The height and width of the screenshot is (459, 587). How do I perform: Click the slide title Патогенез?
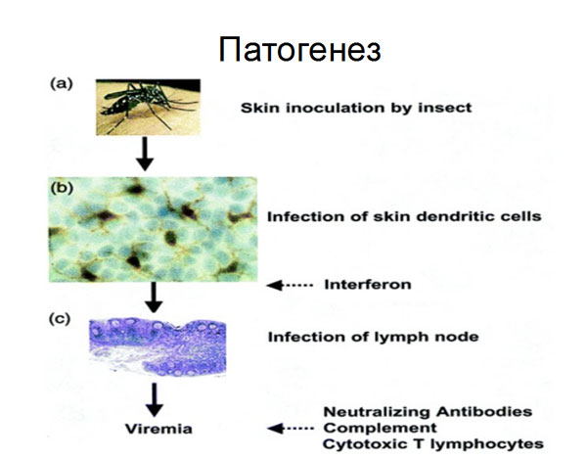pyautogui.click(x=300, y=49)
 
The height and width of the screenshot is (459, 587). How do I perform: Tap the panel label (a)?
pyautogui.click(x=62, y=83)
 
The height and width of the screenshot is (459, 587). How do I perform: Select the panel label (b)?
pyautogui.click(x=62, y=188)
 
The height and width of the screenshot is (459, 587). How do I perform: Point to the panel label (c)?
pyautogui.click(x=60, y=319)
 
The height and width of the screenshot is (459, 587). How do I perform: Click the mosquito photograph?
pyautogui.click(x=148, y=107)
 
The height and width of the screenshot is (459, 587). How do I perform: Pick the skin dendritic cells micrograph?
pyautogui.click(x=154, y=229)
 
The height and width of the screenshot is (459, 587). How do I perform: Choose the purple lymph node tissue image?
pyautogui.click(x=158, y=346)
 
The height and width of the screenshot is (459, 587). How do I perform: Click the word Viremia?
pyautogui.click(x=158, y=429)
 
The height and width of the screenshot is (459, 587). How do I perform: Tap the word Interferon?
pyautogui.click(x=368, y=285)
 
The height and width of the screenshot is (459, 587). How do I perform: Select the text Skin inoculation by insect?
pyautogui.click(x=356, y=108)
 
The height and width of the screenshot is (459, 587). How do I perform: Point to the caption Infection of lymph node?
pyautogui.click(x=374, y=337)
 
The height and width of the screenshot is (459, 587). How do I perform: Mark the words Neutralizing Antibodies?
pyautogui.click(x=428, y=412)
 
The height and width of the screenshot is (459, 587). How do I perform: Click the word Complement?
pyautogui.click(x=380, y=428)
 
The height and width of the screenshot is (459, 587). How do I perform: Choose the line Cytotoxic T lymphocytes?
pyautogui.click(x=433, y=444)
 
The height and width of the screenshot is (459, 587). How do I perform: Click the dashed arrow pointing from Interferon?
pyautogui.click(x=290, y=285)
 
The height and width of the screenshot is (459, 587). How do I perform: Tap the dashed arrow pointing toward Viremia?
pyautogui.click(x=291, y=428)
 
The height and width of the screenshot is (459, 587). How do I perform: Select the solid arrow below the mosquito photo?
pyautogui.click(x=145, y=154)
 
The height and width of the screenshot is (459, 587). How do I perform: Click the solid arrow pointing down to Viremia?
pyautogui.click(x=154, y=399)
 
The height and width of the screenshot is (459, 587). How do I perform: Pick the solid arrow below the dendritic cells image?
pyautogui.click(x=154, y=298)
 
